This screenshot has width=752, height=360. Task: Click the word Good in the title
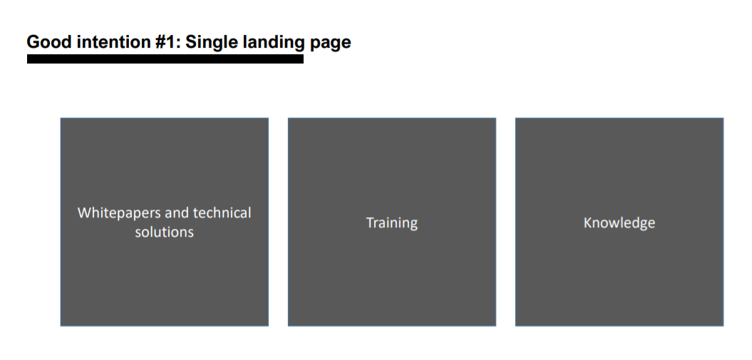pyautogui.click(x=50, y=42)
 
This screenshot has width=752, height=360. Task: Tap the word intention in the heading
pyautogui.click(x=114, y=42)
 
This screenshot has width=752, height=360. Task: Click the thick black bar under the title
pyautogui.click(x=165, y=59)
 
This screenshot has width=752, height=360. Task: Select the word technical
pyautogui.click(x=222, y=212)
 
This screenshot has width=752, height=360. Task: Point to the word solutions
pyautogui.click(x=165, y=232)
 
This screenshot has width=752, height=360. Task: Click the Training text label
pyautogui.click(x=392, y=223)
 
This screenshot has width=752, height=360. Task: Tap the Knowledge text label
pyautogui.click(x=619, y=223)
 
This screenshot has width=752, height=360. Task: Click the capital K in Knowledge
pyautogui.click(x=587, y=222)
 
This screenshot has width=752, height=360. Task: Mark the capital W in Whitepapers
pyautogui.click(x=84, y=212)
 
